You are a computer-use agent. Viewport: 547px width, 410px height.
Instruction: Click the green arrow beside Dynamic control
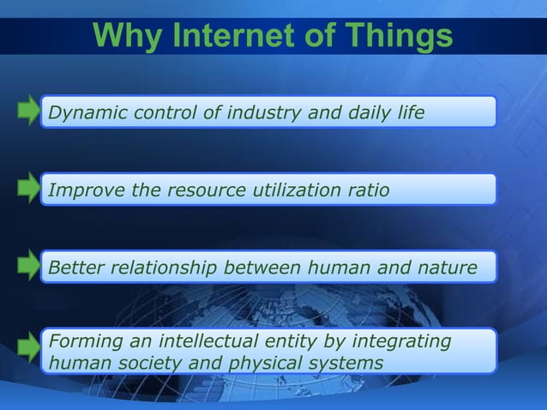28,112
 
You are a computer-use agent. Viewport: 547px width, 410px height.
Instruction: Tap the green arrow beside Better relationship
28,267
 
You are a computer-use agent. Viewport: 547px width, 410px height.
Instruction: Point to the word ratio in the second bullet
370,190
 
